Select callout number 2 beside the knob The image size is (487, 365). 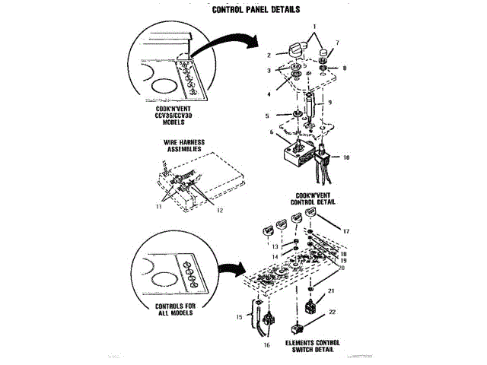[267, 55]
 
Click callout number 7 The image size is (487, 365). [338, 43]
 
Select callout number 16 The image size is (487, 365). [266, 344]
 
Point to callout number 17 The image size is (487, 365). [345, 230]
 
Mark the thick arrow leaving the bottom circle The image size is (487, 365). [226, 268]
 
